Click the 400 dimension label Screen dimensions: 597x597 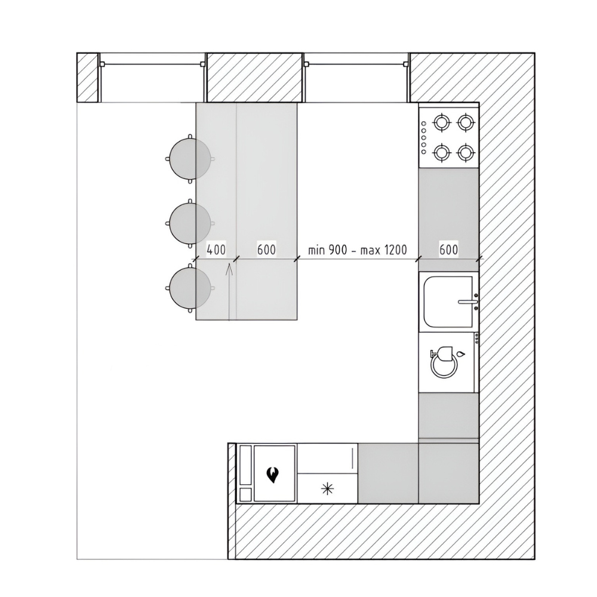pyautogui.click(x=216, y=250)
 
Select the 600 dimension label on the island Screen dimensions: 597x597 pyautogui.click(x=266, y=250)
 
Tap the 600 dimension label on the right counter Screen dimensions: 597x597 pyautogui.click(x=448, y=250)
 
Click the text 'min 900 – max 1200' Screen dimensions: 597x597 pyautogui.click(x=358, y=250)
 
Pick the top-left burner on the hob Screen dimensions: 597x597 pyautogui.click(x=442, y=122)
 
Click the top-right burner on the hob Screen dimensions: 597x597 pyautogui.click(x=466, y=122)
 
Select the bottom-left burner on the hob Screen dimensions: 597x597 pyautogui.click(x=442, y=153)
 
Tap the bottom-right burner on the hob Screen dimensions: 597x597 pyautogui.click(x=466, y=153)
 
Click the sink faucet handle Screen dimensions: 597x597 pyautogui.click(x=468, y=302)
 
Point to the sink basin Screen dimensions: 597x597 pyautogui.click(x=448, y=301)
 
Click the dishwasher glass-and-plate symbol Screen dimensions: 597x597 pyautogui.click(x=445, y=362)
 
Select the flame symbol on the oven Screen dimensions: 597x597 pyautogui.click(x=272, y=475)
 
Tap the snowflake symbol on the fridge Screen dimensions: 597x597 pyautogui.click(x=327, y=488)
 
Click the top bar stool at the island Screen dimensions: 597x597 pyautogui.click(x=190, y=158)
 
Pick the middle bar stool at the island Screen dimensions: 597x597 pyautogui.click(x=190, y=223)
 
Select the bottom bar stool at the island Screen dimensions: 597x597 pyautogui.click(x=190, y=288)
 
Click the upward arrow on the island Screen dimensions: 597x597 pyautogui.click(x=229, y=292)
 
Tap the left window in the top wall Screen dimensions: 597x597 pyautogui.click(x=152, y=78)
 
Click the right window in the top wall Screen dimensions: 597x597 pyautogui.click(x=356, y=78)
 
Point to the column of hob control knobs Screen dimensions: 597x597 pyautogui.click(x=424, y=137)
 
